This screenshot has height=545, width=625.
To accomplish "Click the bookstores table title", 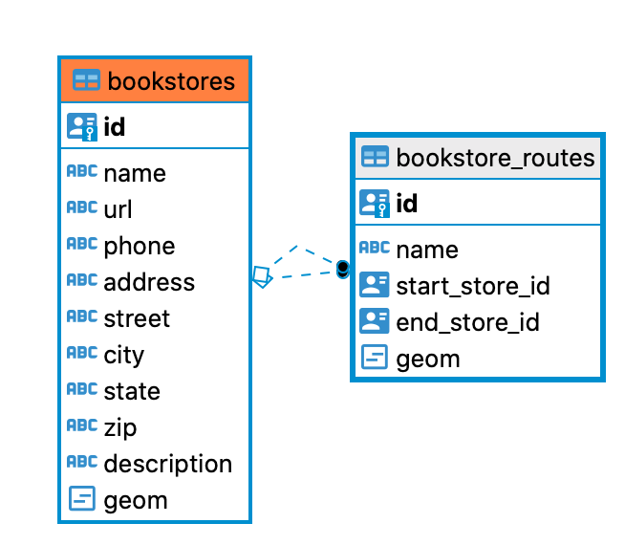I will pyautogui.click(x=171, y=81).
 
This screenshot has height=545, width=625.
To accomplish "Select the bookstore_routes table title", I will pyautogui.click(x=495, y=157).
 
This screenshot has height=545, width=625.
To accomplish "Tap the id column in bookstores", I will pyautogui.click(x=114, y=126).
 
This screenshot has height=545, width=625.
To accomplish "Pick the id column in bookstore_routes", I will pyautogui.click(x=406, y=203).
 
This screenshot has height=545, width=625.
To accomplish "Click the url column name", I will pyautogui.click(x=118, y=209).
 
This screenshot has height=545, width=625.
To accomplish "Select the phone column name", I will pyautogui.click(x=140, y=246).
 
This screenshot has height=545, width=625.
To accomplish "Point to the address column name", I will pyautogui.click(x=149, y=282).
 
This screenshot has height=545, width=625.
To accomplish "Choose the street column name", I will pyautogui.click(x=137, y=318).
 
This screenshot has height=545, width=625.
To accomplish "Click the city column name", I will pyautogui.click(x=124, y=355).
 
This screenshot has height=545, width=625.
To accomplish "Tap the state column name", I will pyautogui.click(x=132, y=391).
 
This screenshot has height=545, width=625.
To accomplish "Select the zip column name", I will pyautogui.click(x=120, y=427).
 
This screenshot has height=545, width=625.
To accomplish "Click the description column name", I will pyautogui.click(x=168, y=464).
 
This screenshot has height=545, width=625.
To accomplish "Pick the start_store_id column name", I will pyautogui.click(x=473, y=286).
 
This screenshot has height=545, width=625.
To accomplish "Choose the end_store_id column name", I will pyautogui.click(x=468, y=322).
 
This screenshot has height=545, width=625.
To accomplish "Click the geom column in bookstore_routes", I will pyautogui.click(x=428, y=359).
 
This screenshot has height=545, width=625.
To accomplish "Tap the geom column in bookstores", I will pyautogui.click(x=136, y=500).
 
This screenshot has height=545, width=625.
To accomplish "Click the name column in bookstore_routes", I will pyautogui.click(x=427, y=250).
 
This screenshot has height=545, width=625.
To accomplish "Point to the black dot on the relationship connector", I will pyautogui.click(x=343, y=269).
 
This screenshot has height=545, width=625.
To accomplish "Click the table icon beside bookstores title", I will pyautogui.click(x=86, y=81).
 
